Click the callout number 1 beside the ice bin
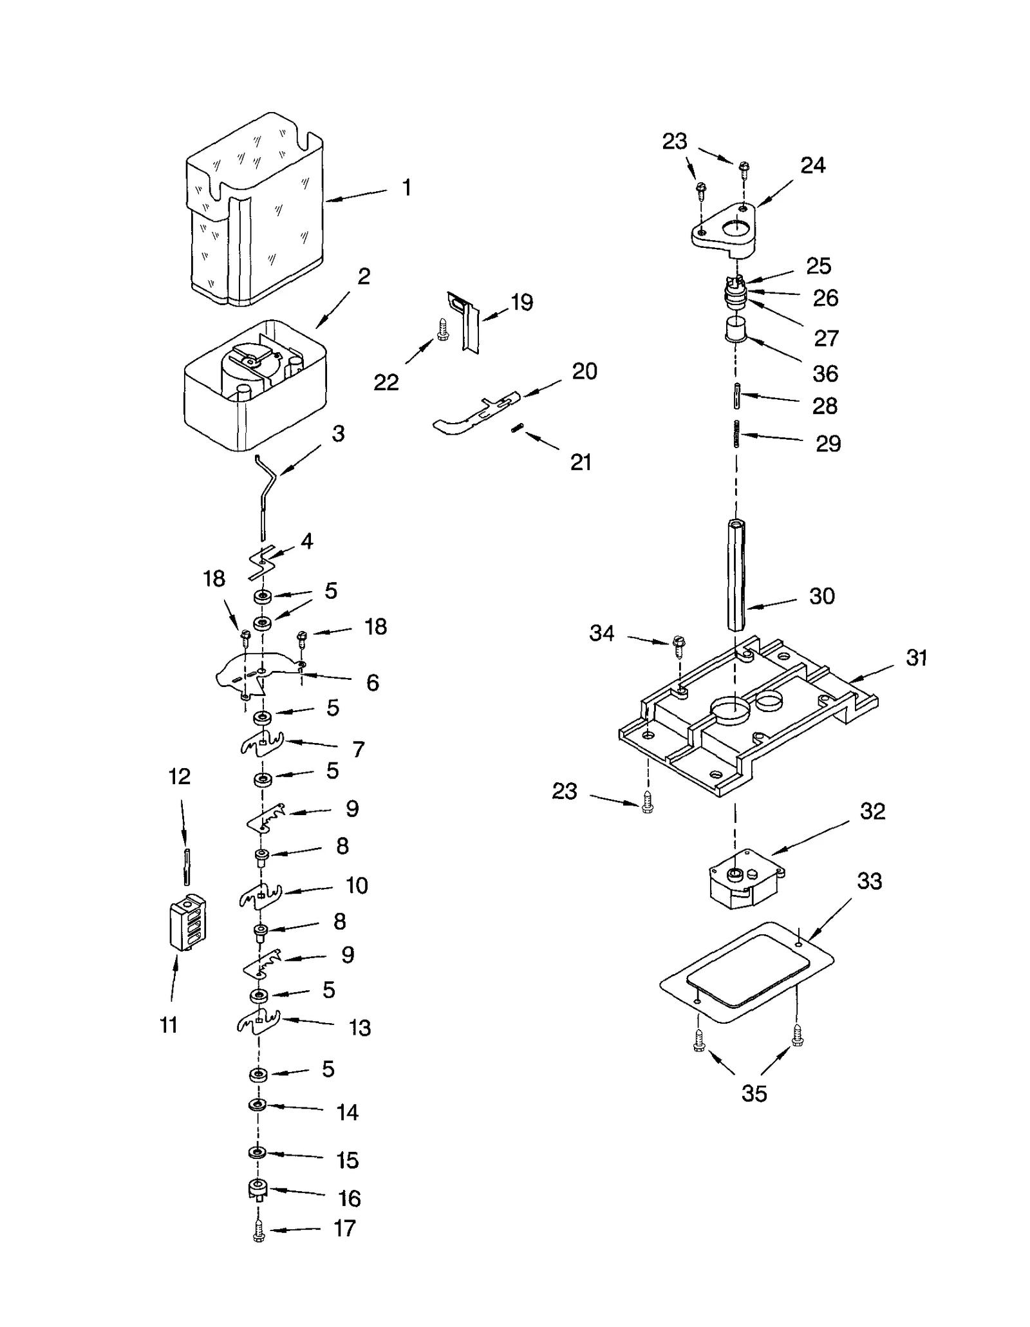tap(406, 187)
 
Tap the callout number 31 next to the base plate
tap(916, 657)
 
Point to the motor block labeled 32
tap(744, 878)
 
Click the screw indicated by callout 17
tap(259, 1232)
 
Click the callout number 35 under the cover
tap(754, 1093)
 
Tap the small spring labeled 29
tap(737, 433)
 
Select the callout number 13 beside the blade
tap(359, 1028)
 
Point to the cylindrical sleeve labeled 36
tap(735, 331)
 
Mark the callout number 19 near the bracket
tap(521, 302)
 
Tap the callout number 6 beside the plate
tap(372, 682)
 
